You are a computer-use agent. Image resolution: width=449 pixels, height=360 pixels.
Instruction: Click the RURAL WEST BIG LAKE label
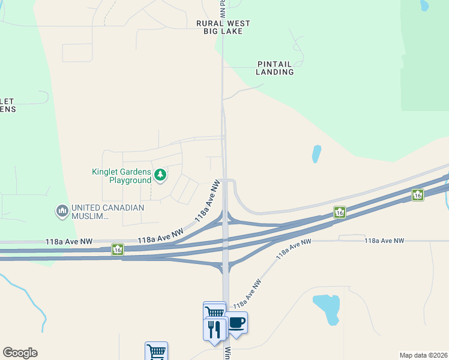tap(223, 27)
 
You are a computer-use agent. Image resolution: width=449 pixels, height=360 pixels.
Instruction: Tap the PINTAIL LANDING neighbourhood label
tap(275, 68)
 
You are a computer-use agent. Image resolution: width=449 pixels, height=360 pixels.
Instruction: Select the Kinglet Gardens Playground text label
tap(121, 176)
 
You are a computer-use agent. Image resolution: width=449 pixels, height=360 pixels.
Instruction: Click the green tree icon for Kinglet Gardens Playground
tap(160, 175)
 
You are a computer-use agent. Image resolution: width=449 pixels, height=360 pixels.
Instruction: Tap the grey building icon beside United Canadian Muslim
tap(62, 211)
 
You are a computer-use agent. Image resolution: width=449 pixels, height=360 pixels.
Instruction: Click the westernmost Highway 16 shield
tap(118, 249)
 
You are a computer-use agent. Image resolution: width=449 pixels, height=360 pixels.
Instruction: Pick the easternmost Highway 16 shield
tap(418, 194)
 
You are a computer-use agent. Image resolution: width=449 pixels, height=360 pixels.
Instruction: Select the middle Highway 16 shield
tap(340, 212)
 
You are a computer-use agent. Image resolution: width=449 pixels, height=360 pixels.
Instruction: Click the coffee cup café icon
tap(236, 323)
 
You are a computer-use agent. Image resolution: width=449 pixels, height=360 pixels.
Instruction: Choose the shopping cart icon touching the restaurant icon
tap(214, 312)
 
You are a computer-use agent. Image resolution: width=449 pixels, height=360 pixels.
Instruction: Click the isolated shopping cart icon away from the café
tap(156, 351)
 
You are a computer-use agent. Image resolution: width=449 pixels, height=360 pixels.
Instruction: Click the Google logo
tap(20, 353)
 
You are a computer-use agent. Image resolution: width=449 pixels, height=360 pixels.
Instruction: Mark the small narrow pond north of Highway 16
tap(316, 154)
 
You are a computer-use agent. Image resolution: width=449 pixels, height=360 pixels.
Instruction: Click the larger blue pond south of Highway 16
tap(327, 308)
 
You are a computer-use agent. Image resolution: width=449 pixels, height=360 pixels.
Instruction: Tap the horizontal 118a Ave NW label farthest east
tap(384, 241)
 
